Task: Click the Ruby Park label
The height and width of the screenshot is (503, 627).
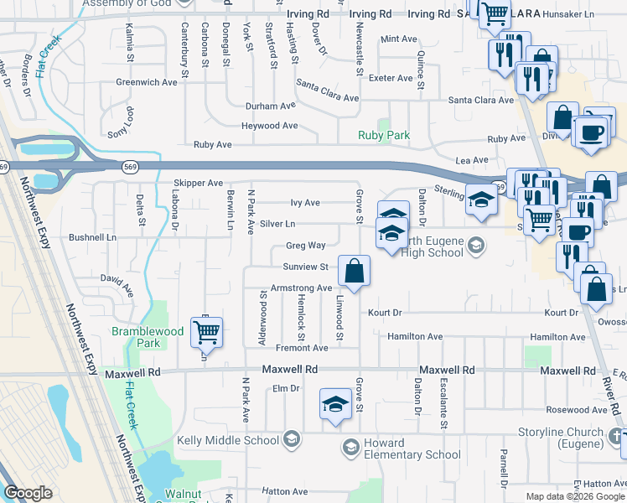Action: pyautogui.click(x=384, y=135)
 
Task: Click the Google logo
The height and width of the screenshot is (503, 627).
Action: pyautogui.click(x=28, y=493)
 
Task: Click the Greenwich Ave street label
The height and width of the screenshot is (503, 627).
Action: pyautogui.click(x=147, y=82)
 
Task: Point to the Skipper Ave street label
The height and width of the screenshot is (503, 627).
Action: pyautogui.click(x=198, y=183)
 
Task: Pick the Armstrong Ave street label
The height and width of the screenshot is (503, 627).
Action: pyautogui.click(x=302, y=288)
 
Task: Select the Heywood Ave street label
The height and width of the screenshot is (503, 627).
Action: pyautogui.click(x=270, y=126)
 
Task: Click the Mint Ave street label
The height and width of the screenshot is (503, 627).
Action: pyautogui.click(x=398, y=39)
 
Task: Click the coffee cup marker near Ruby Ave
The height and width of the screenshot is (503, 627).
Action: pyautogui.click(x=593, y=132)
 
